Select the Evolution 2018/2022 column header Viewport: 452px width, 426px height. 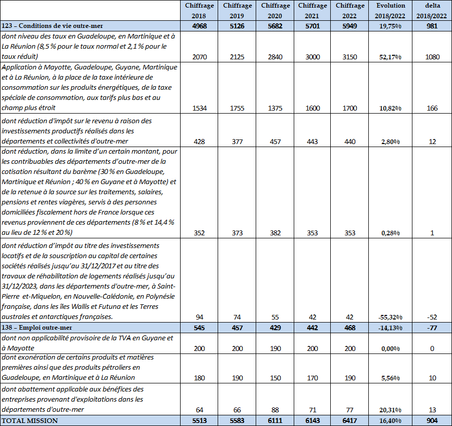coord(391,10)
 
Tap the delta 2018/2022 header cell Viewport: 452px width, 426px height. coord(432,10)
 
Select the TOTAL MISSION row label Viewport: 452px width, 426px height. coord(30,420)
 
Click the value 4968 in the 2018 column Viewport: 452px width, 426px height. coord(200,26)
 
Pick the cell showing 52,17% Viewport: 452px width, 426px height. coord(391,57)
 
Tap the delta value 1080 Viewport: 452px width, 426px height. coord(432,57)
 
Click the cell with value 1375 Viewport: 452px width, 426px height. coord(275,108)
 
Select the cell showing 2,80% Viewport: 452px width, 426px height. coord(391,142)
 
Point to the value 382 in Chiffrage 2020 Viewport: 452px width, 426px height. coord(275,233)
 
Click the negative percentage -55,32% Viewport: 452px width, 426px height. coord(391,317)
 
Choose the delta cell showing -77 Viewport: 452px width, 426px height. coord(432,328)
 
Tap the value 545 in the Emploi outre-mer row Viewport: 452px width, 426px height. coord(200,328)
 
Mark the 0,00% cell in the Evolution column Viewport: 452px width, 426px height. coord(391,348)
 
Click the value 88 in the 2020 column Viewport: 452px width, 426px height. coord(275,409)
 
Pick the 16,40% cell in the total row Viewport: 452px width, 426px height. coord(391,420)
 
